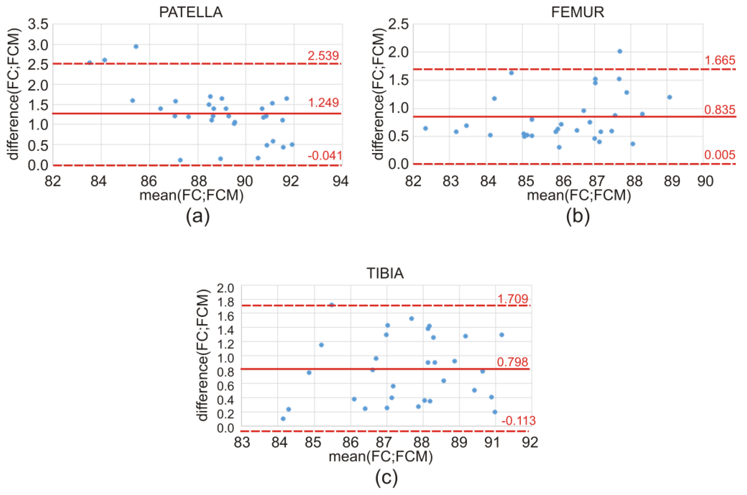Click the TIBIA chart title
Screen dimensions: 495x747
[x=385, y=273]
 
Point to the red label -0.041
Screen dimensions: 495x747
[x=325, y=156]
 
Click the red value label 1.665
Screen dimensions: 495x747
[x=720, y=60]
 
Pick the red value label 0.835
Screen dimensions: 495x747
[x=720, y=110]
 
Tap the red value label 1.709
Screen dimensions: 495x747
[x=513, y=299]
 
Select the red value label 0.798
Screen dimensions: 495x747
[x=513, y=362]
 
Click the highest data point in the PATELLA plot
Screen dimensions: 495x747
[x=136, y=46]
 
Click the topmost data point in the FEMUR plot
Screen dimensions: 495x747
[x=619, y=51]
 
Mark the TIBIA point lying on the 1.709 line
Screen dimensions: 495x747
[x=332, y=305]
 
